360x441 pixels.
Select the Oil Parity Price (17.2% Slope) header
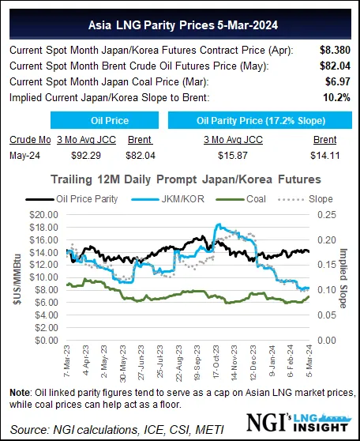[258, 120]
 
